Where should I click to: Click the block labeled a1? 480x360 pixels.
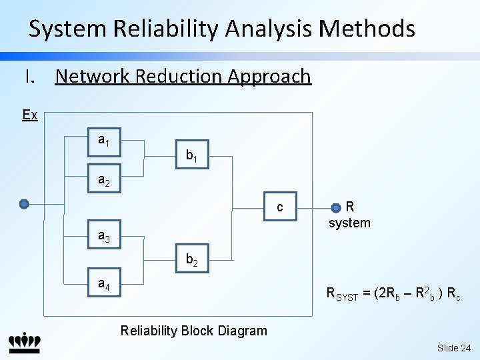(x=105, y=143)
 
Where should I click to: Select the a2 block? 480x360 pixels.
(x=105, y=179)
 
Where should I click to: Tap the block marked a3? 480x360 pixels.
(x=105, y=234)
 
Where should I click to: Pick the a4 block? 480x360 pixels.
(x=105, y=282)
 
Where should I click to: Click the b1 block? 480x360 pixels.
(x=192, y=154)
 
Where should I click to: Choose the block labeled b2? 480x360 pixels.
(x=192, y=259)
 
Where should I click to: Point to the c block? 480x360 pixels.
(x=280, y=206)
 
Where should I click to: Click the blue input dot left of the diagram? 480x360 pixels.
(x=24, y=204)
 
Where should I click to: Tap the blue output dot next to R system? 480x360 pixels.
(x=336, y=208)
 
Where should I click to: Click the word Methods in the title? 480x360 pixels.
(x=367, y=28)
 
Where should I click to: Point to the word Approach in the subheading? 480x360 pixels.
(x=269, y=77)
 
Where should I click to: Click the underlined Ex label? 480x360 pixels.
(x=30, y=115)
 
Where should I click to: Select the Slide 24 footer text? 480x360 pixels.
(x=454, y=348)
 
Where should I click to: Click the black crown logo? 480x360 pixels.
(x=25, y=343)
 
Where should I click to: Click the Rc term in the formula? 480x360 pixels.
(x=454, y=294)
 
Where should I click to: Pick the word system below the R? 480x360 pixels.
(x=349, y=223)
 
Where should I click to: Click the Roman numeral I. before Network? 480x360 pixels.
(x=30, y=76)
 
